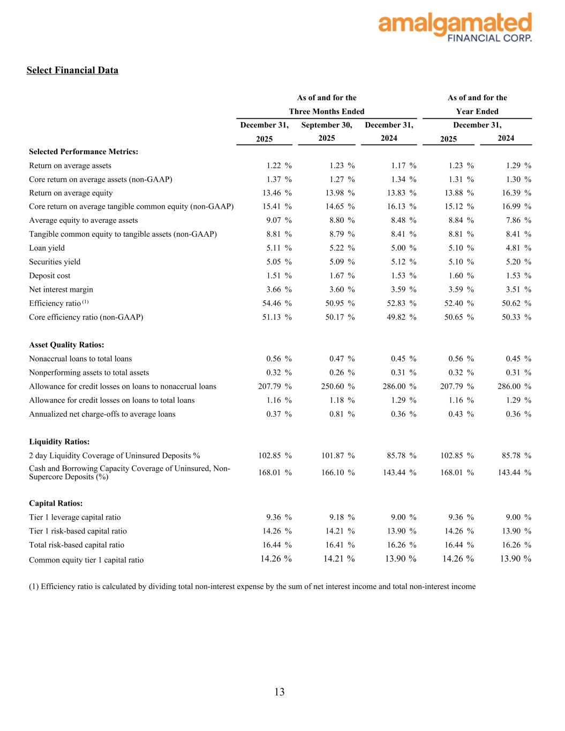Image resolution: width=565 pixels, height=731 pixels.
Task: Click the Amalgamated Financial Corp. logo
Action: pyautogui.click(x=455, y=27)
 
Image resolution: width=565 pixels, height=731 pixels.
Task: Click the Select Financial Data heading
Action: pyautogui.click(x=72, y=70)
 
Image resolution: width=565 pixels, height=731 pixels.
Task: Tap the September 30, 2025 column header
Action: pyautogui.click(x=327, y=131)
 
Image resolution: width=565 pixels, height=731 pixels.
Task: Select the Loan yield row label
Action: pyautogui.click(x=47, y=248)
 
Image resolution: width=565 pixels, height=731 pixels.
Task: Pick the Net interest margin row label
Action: pyautogui.click(x=61, y=289)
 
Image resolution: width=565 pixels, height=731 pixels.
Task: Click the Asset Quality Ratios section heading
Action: pyautogui.click(x=66, y=345)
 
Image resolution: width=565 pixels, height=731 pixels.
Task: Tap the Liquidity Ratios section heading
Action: pyautogui.click(x=59, y=442)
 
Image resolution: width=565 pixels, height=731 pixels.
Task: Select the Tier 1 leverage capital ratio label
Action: pyautogui.click(x=75, y=517)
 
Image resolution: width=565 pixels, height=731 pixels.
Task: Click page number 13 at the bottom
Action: pyautogui.click(x=280, y=692)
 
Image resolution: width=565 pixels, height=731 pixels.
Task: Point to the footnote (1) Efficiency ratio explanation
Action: pyautogui.click(x=252, y=586)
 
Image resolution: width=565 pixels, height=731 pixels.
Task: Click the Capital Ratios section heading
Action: pyautogui.click(x=56, y=503)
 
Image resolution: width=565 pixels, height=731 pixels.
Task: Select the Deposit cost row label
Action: pyautogui.click(x=50, y=276)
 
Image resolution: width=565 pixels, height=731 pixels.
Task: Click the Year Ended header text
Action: pyautogui.click(x=477, y=111)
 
